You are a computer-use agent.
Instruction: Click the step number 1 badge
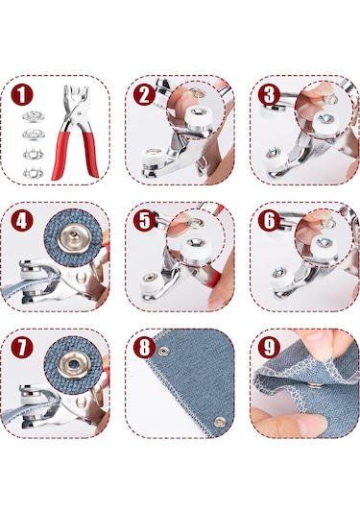(22, 95)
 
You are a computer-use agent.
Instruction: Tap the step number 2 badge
(144, 95)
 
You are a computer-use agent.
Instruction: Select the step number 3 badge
(269, 95)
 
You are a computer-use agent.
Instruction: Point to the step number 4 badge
(22, 221)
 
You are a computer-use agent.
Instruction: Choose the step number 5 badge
(144, 221)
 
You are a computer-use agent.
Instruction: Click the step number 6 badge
(269, 221)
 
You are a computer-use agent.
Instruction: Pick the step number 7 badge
(22, 347)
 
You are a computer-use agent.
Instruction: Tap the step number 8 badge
(144, 347)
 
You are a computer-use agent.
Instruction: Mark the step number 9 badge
(269, 347)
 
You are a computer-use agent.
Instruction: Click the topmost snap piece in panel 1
(34, 116)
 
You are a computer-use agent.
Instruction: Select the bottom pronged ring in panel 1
(34, 172)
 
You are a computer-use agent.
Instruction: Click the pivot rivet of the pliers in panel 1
(79, 113)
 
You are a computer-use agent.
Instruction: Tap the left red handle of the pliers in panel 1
(60, 155)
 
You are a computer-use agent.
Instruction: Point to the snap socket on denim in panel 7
(74, 364)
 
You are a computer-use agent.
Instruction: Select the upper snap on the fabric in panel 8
(163, 352)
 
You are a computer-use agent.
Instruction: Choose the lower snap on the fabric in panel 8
(220, 421)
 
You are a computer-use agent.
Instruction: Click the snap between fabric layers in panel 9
(315, 384)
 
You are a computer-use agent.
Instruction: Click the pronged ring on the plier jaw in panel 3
(273, 153)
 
